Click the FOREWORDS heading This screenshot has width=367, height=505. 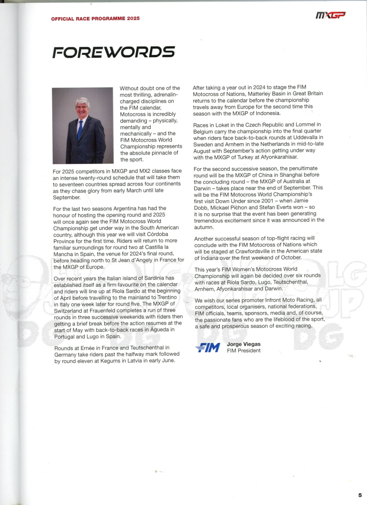(x=114, y=52)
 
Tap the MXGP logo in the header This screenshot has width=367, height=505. (x=330, y=16)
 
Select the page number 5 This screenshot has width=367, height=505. (x=360, y=495)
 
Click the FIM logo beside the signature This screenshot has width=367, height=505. (x=207, y=347)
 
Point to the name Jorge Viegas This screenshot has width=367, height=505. (x=244, y=344)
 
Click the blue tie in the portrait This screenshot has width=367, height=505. (x=80, y=130)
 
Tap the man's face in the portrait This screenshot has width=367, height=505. (x=82, y=109)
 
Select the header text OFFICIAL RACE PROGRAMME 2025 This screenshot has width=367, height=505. (x=95, y=18)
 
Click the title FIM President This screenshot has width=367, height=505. (x=244, y=350)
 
